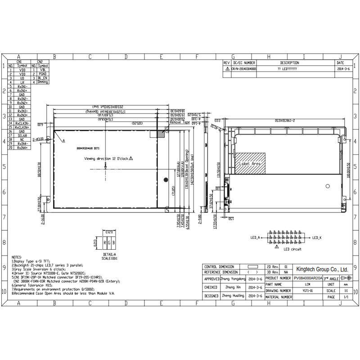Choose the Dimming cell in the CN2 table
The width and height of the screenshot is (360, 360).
tap(43, 82)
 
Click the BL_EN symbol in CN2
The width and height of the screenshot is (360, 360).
tap(43, 78)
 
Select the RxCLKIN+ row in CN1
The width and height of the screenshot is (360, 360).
tap(22, 127)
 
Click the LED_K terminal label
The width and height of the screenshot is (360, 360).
tap(318, 237)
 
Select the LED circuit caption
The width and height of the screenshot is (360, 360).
tap(292, 249)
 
